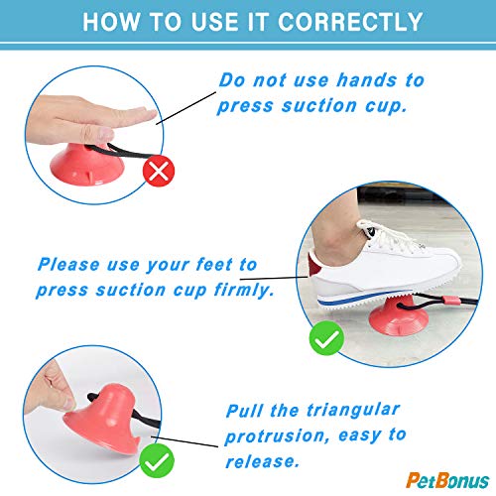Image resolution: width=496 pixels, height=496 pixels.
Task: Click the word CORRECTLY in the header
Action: pos(350,22)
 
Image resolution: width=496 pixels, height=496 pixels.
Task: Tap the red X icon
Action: pos(159,171)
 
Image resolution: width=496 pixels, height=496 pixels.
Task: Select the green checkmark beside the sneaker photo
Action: pos(326,338)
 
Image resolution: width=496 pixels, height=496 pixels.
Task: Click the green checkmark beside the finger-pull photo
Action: pos(157,460)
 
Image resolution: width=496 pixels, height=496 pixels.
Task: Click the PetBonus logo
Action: pos(447,480)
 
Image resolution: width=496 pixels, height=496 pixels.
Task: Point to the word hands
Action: pos(367,80)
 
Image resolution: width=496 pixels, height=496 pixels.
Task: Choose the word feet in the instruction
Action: pos(214,265)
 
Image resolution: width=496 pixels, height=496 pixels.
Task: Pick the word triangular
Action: pos(353,411)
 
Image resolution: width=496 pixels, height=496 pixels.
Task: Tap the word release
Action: pos(263,461)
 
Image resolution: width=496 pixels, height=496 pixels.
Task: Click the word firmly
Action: pos(244,291)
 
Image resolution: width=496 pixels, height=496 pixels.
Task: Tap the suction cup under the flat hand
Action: pos(87,166)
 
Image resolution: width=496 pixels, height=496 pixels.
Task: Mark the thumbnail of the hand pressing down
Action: pos(104,134)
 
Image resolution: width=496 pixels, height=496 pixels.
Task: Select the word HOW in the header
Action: pos(111,22)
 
